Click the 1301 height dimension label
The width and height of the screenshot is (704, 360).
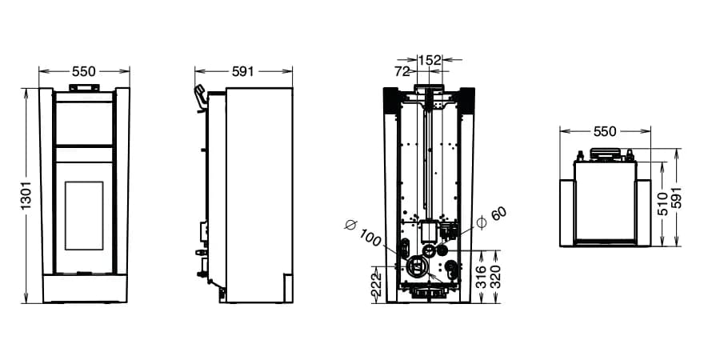[26, 195]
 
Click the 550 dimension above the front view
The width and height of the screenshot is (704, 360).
[84, 71]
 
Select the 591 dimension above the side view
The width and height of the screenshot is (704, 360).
[243, 71]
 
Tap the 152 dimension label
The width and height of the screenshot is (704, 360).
[430, 60]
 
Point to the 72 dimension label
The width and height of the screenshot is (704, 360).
[402, 71]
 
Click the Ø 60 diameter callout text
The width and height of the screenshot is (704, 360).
[492, 218]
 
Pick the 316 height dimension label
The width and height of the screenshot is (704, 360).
[482, 277]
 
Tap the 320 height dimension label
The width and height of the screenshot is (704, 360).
[496, 277]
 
